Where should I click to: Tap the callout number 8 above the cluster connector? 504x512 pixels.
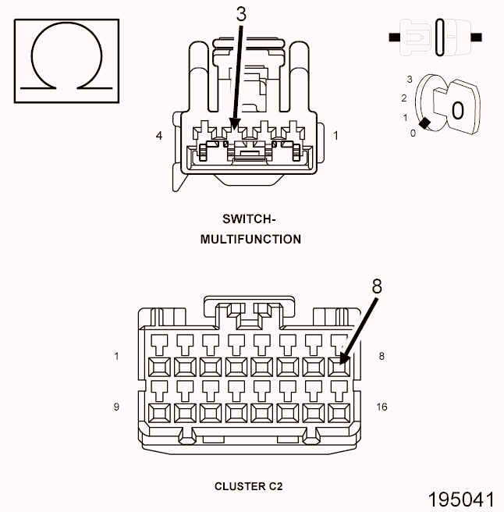coord(377,286)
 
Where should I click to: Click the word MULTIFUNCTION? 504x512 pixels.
coord(250,240)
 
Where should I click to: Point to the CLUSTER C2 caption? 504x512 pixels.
coord(249,486)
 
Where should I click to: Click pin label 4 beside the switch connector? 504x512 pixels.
coord(159,136)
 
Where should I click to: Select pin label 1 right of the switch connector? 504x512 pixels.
coord(336,136)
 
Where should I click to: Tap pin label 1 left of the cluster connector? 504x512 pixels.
coord(116,357)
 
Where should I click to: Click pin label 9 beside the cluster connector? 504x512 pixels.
coord(116,407)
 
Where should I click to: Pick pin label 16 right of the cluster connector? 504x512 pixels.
coord(382,407)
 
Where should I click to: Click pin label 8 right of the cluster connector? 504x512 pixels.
coord(381,357)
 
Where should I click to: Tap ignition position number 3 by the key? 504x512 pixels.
coord(409,80)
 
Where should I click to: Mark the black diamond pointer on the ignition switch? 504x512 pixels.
coord(424,123)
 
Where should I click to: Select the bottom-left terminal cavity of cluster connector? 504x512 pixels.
coord(158,411)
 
